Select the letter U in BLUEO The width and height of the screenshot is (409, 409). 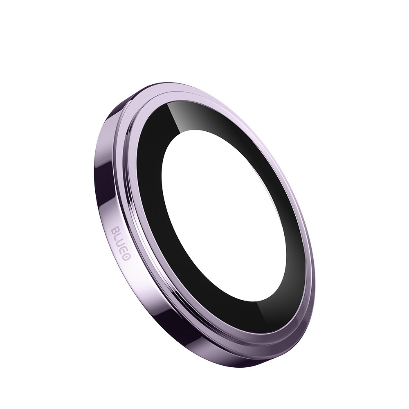pos(121,245)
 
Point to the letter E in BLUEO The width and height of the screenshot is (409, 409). pos(124,251)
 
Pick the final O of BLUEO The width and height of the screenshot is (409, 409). pos(126,257)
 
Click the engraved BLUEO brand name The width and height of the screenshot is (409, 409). pos(121,245)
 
